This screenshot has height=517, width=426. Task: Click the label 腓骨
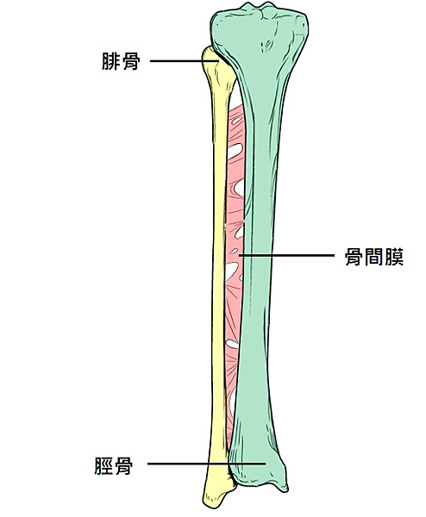(121, 61)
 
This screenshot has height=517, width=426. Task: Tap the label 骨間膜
(374, 257)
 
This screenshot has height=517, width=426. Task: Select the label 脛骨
(114, 465)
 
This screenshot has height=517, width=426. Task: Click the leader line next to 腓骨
(185, 61)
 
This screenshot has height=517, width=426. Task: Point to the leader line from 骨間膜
(287, 255)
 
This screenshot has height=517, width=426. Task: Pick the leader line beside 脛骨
(207, 464)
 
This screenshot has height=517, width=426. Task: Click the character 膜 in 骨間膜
(394, 257)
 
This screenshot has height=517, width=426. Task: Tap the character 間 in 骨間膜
(374, 257)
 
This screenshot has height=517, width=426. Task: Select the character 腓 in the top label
(111, 61)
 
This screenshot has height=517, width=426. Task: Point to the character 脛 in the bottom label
(104, 465)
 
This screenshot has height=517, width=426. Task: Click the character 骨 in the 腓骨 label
(131, 61)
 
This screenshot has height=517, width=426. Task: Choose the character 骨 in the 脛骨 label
(123, 465)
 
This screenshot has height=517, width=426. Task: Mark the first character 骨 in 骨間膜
(354, 257)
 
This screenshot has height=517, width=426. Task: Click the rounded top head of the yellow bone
(211, 56)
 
